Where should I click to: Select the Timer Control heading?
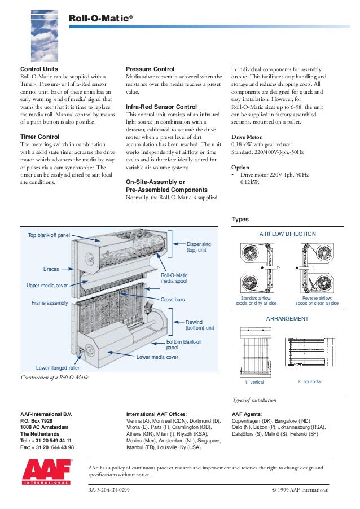[41, 137]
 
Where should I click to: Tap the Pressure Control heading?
[150, 69]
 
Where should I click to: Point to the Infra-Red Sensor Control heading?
[161, 107]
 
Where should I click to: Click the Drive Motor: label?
[248, 137]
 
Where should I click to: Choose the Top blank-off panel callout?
[49, 234]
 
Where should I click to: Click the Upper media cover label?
[47, 286]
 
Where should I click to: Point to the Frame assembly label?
[50, 303]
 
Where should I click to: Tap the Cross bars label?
[173, 299]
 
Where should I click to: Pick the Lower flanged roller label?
[58, 367]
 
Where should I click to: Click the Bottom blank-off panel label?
[183, 345]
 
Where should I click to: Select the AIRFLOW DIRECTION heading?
[287, 234]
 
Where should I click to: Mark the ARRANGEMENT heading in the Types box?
[287, 319]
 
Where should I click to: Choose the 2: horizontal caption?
[309, 382]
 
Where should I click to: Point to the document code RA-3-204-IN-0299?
[109, 490]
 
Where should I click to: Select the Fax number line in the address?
[47, 447]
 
